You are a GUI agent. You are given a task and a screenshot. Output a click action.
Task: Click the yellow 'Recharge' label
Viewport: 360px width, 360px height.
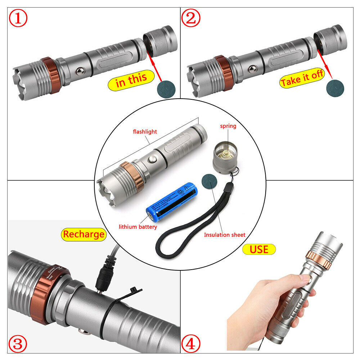click(84, 234)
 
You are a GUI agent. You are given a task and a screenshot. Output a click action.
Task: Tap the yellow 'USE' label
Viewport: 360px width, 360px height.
click(259, 249)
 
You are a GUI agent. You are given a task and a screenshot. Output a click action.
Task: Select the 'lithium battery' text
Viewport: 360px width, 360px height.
click(138, 227)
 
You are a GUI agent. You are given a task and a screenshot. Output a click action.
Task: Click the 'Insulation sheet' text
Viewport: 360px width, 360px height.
click(225, 235)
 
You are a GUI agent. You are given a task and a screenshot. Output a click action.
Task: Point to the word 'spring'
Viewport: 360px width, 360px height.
click(228, 126)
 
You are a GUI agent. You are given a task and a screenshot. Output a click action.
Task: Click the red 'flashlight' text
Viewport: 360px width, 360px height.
click(145, 131)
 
